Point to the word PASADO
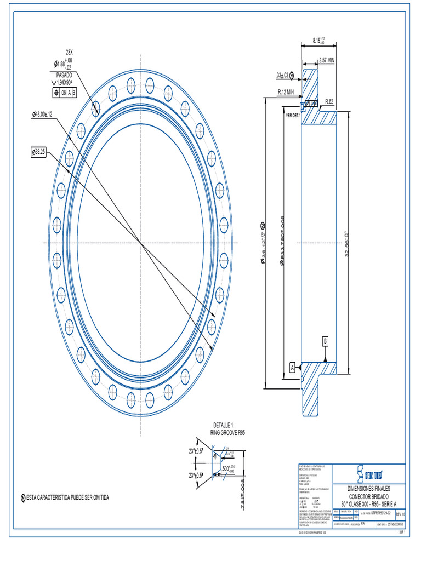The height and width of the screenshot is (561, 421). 65,74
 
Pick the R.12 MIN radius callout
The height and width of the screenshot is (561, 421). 286,92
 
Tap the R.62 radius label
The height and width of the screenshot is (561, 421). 329,101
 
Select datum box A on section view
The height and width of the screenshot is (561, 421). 293,367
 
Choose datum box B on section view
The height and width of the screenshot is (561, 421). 326,341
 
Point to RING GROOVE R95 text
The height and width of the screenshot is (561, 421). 227,432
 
